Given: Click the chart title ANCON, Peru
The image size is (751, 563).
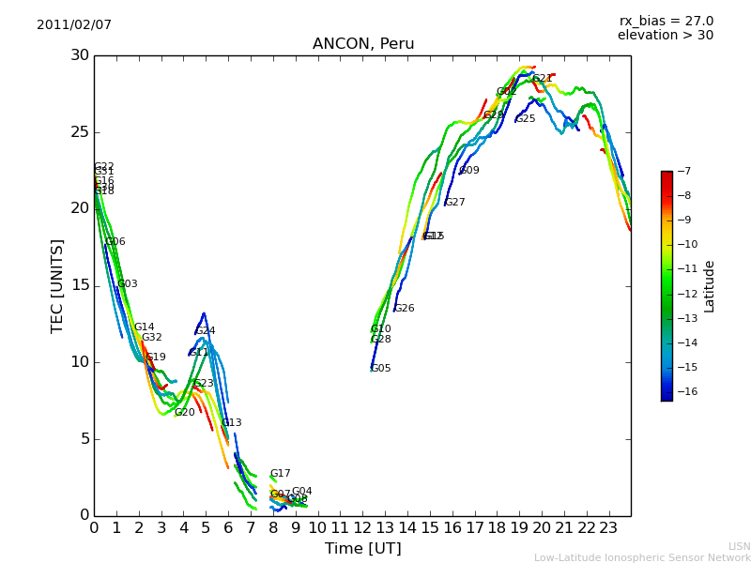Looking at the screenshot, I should (363, 44).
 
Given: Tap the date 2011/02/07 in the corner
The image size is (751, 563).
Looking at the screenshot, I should (74, 24).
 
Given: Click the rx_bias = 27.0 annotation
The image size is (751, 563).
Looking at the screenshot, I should (666, 22).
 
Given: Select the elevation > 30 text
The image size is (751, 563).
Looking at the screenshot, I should (665, 36).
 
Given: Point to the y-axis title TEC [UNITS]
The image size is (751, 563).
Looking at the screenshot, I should (57, 285).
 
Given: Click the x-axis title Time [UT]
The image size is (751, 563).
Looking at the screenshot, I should (362, 548).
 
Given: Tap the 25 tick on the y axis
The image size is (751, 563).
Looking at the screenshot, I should (79, 131).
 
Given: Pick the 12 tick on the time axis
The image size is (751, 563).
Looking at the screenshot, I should (362, 527).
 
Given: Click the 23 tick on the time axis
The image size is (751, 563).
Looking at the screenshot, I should (608, 527).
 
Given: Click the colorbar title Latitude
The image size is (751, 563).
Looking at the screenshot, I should (710, 286).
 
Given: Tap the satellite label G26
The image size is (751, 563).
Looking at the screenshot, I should (404, 309).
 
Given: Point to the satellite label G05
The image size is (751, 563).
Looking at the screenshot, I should (381, 369).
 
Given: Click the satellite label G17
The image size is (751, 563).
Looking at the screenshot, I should (280, 474).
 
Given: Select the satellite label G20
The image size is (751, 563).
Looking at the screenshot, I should (185, 413).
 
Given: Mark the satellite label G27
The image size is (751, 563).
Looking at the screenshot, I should (455, 203).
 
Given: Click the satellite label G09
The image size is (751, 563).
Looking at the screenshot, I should (469, 171).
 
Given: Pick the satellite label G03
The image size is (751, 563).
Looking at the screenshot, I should (128, 284).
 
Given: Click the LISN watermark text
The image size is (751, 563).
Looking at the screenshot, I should (739, 546).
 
